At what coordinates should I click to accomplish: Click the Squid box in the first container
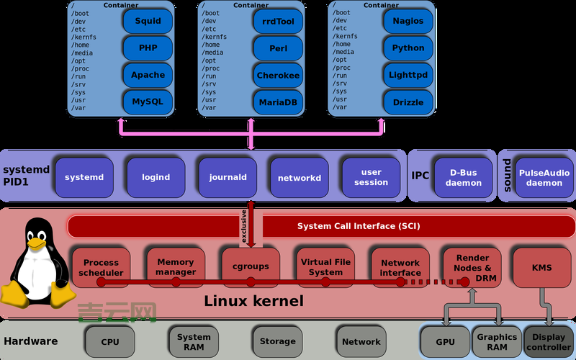[148, 21]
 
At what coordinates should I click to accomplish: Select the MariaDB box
[278, 102]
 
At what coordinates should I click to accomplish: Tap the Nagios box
[408, 21]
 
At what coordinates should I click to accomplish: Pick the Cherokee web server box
[278, 75]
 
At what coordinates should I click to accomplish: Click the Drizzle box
[408, 102]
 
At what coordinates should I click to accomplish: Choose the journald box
[228, 177]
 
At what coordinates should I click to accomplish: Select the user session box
[371, 177]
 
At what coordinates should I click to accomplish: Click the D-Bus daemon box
[463, 177]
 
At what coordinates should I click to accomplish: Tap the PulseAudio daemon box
[544, 177]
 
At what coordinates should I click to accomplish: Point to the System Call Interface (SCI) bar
[358, 226]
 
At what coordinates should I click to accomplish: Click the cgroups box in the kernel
[250, 266]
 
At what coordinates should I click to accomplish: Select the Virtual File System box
[325, 266]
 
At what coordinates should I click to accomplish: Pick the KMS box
[541, 268]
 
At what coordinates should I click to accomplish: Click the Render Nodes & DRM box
[472, 266]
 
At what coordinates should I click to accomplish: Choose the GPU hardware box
[444, 341]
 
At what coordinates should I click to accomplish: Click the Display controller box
[549, 341]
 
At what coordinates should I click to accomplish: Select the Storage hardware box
[277, 341]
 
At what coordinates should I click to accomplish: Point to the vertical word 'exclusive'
[243, 225]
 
